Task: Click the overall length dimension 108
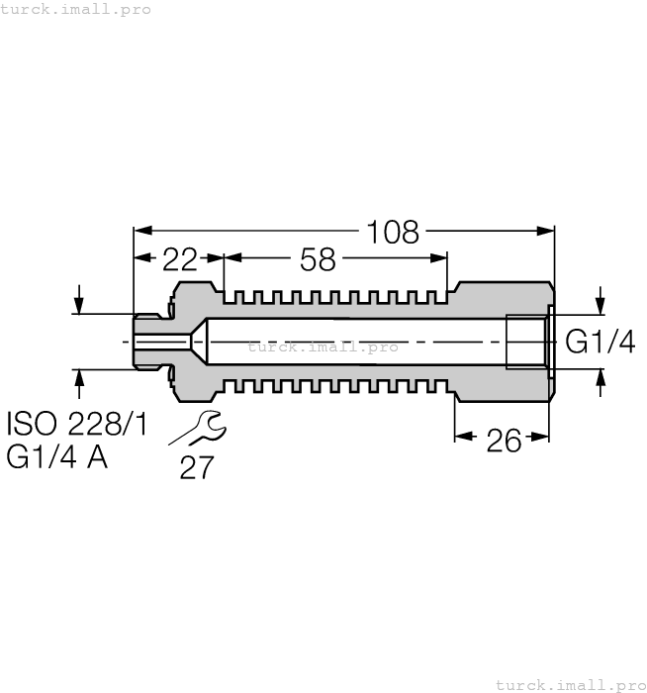point(393,233)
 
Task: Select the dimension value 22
point(179,259)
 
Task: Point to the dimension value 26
point(504,440)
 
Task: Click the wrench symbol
point(199,428)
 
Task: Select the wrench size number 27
point(197,467)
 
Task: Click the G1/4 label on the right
point(600,343)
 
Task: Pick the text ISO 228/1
point(77,425)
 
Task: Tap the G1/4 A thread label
point(57,458)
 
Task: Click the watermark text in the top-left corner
point(76,9)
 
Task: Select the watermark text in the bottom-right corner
point(569,684)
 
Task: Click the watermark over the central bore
point(323,346)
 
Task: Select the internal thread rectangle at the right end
point(526,342)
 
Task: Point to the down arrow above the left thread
point(78,301)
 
